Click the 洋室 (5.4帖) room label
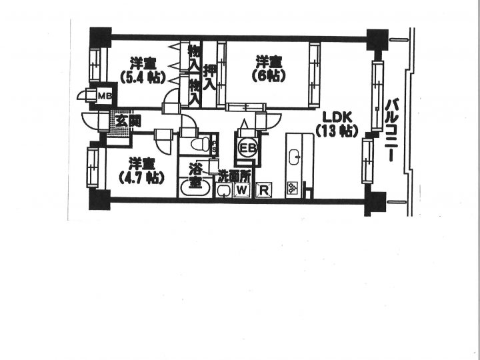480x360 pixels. click(143, 71)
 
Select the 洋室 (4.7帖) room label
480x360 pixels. click(141, 171)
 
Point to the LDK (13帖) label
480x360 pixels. click(337, 124)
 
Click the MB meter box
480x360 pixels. click(105, 96)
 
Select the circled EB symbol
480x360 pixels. click(247, 148)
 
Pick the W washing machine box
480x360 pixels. click(242, 190)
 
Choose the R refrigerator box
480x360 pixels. click(263, 190)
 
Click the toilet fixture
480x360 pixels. click(200, 144)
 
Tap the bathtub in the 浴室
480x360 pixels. click(195, 187)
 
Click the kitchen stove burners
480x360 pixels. click(293, 189)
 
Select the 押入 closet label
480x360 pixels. click(210, 77)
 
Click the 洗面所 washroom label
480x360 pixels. click(235, 177)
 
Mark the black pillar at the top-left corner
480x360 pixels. click(101, 37)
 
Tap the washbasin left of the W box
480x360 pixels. click(223, 191)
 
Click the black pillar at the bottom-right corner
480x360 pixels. click(375, 203)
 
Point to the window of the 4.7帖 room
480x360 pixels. click(93, 167)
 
